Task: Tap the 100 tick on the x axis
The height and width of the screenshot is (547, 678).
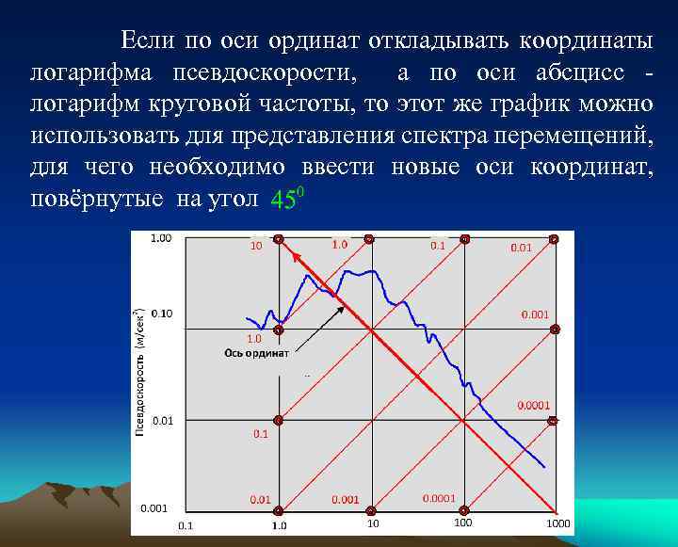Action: (463, 523)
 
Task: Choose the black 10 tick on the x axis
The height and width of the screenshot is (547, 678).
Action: (373, 523)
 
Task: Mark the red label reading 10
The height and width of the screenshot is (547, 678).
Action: (255, 248)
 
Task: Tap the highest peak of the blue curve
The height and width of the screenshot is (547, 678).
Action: (374, 271)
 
